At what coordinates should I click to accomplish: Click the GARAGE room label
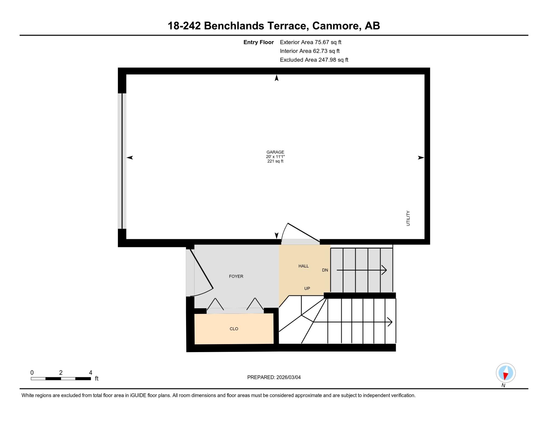coord(275,152)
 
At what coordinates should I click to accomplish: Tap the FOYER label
coord(236,276)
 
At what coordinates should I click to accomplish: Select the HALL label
coord(304,266)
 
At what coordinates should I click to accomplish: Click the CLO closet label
coord(234,329)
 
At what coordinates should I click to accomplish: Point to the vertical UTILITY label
coord(408,218)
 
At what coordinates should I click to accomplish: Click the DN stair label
coord(325,270)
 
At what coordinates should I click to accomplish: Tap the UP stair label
coord(307,288)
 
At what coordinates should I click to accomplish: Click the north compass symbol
coord(506,373)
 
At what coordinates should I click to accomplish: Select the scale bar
coord(61,379)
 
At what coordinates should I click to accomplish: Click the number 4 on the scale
coord(91,373)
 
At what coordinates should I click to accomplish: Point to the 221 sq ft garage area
coord(275,161)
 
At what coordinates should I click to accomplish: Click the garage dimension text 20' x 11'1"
coord(275,157)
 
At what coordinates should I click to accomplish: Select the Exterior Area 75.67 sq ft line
coord(311,42)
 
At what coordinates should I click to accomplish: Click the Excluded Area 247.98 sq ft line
coord(314,60)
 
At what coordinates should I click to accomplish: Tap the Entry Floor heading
coord(259,42)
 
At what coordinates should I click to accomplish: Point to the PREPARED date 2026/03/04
coord(289,377)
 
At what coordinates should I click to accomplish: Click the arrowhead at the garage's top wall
coord(277,78)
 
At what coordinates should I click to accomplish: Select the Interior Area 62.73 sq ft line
coord(310,51)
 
